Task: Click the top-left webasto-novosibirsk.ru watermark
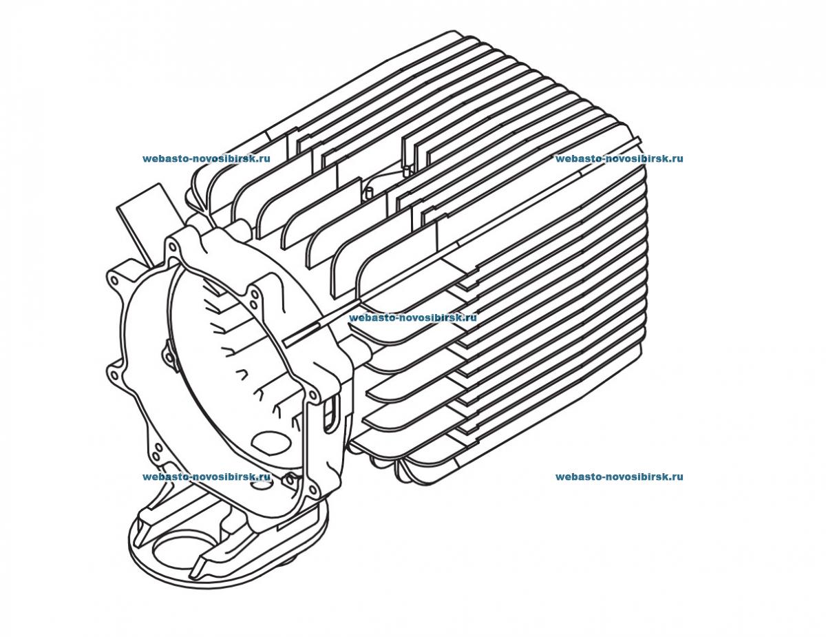tap(206, 158)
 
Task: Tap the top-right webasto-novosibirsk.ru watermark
tap(619, 158)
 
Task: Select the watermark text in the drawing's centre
tap(413, 318)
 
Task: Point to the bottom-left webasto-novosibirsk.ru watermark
tap(206, 477)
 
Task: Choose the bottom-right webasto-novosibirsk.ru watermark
tap(619, 477)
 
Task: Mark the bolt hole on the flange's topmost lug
tap(170, 242)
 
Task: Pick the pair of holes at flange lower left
tap(158, 451)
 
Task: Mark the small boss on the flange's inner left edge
tap(167, 354)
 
